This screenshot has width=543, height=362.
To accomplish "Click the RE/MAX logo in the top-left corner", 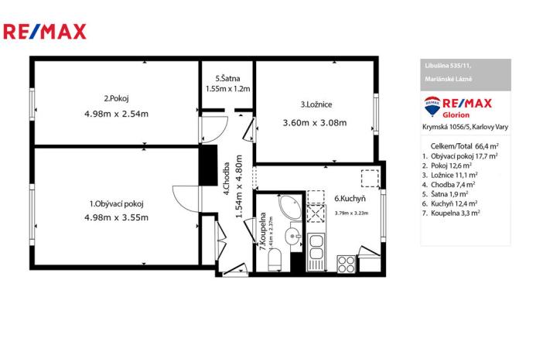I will [x=45, y=32].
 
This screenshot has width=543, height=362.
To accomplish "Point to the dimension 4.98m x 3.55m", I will [x=116, y=217].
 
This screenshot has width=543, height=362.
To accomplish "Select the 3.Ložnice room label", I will [x=317, y=104].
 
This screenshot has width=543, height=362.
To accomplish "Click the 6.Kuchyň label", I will [x=350, y=198].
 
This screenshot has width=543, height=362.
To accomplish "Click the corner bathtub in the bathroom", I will [x=292, y=207].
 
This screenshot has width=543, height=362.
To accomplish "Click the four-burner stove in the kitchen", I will [x=346, y=262].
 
